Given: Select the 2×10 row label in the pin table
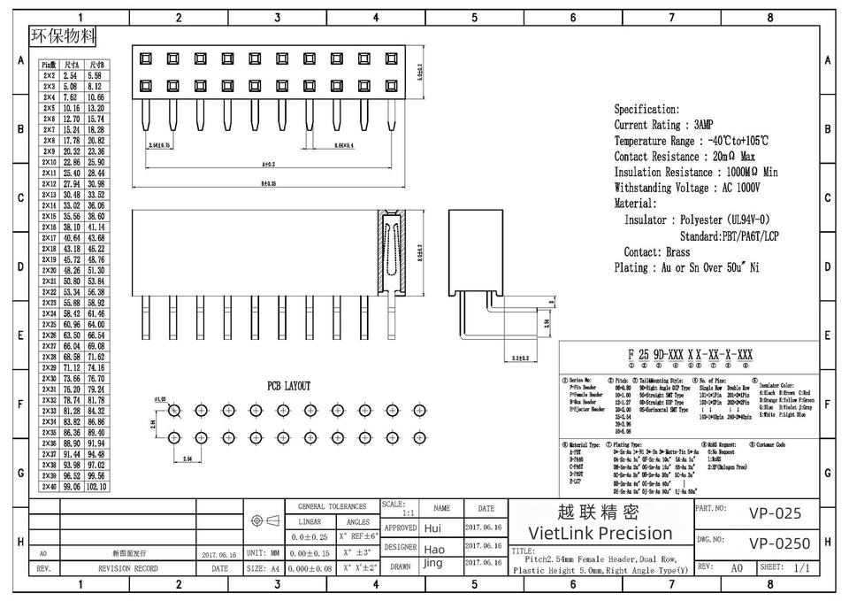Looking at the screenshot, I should click(x=50, y=162).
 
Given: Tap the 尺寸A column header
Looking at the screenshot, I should click(x=73, y=65).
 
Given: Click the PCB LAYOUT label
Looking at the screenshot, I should click(x=289, y=386).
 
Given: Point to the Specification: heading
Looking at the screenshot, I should click(x=647, y=109).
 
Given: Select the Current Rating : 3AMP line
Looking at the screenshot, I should click(x=663, y=125).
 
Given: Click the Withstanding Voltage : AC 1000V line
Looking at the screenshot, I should click(x=687, y=188).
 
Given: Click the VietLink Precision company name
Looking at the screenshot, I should click(x=600, y=533).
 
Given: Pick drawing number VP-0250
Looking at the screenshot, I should click(x=778, y=542).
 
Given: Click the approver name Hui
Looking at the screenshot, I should click(x=432, y=528).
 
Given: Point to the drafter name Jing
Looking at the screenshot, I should click(x=432, y=563).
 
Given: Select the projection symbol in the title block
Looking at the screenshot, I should click(x=266, y=520).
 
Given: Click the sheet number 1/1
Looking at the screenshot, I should click(x=802, y=566).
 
